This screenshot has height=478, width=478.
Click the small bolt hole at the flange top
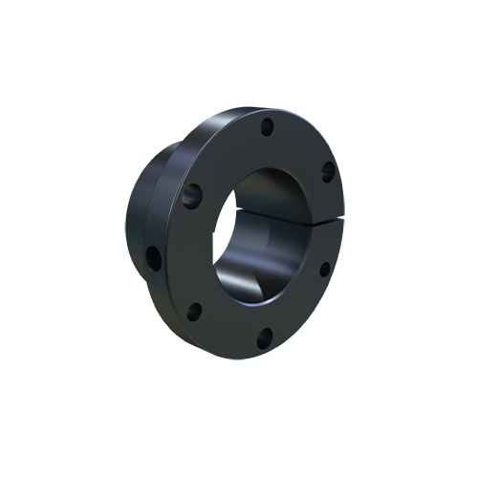(x=268, y=125)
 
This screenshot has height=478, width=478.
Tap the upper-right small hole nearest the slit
(x=327, y=172)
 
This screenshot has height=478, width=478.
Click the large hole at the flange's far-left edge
(x=153, y=256)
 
